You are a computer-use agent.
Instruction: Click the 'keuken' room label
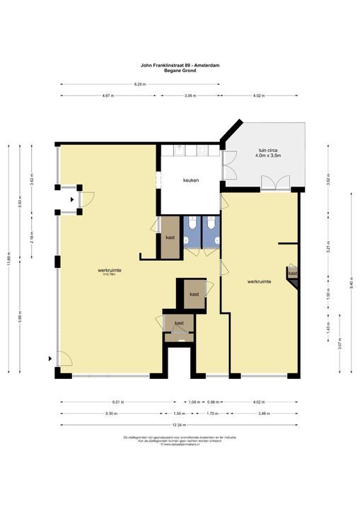click(190, 180)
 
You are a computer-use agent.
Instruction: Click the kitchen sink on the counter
click(180, 150)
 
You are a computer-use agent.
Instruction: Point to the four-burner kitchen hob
click(202, 150)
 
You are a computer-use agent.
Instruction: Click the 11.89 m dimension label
click(8, 259)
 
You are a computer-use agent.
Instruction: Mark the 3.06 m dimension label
click(190, 95)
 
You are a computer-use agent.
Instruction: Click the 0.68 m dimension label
click(212, 402)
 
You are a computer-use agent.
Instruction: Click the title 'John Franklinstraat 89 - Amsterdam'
click(180, 65)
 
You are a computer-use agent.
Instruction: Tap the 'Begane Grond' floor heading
click(180, 70)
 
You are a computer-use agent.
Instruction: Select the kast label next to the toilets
click(170, 238)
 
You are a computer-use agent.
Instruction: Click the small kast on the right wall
click(293, 272)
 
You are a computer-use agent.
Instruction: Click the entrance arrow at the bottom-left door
click(50, 358)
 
